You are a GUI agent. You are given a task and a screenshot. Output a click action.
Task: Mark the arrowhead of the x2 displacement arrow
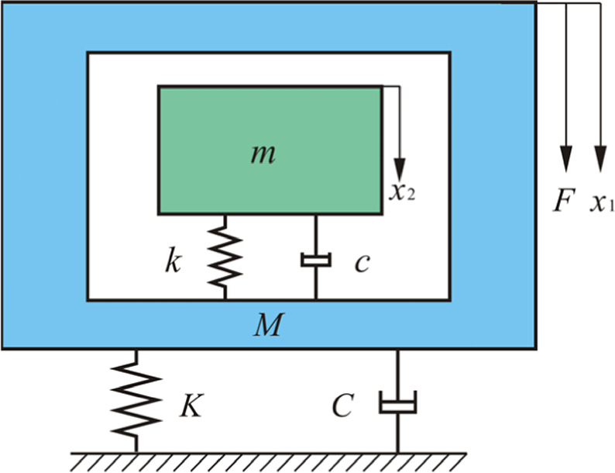399,168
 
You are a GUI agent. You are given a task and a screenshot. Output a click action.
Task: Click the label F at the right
562,204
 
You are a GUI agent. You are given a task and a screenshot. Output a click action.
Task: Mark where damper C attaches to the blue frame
397,350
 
